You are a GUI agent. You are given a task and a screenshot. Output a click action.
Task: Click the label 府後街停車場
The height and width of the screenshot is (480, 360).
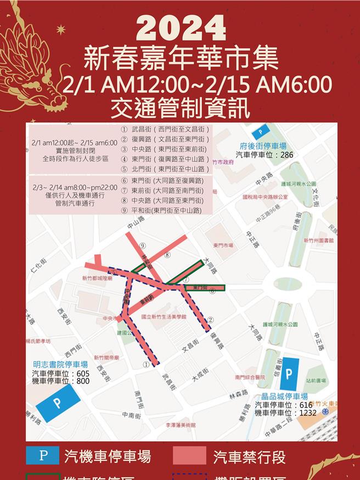point(263,146)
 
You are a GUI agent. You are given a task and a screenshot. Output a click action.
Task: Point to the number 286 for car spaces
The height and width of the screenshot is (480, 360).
point(285,155)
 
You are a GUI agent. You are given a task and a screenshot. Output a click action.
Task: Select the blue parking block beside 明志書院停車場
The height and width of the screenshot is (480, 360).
point(57,403)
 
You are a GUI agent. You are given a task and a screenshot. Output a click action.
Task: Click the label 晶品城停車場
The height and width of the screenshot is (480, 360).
point(284,396)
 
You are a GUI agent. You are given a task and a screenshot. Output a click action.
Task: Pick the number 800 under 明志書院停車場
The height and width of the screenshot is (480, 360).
point(82,381)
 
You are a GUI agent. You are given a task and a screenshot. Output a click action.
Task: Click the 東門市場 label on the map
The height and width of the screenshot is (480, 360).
point(223,245)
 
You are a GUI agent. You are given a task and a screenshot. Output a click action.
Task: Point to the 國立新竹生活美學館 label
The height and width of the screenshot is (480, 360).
point(164,317)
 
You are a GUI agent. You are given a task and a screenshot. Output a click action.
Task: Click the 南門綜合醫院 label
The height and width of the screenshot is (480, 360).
point(250,377)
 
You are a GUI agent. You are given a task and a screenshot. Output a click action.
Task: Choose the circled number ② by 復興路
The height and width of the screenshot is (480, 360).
point(210,319)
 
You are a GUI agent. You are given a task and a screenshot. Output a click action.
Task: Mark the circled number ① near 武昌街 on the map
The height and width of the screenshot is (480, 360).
point(146,364)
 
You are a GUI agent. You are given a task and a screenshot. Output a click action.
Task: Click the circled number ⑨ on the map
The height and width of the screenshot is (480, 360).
point(142,245)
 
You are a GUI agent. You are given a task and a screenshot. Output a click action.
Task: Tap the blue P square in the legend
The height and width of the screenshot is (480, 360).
point(42,455)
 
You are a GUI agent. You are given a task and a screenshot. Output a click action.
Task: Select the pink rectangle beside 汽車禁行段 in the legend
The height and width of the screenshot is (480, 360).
point(189,455)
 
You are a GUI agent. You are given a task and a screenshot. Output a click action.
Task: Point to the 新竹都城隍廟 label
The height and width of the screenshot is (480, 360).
point(97,278)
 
